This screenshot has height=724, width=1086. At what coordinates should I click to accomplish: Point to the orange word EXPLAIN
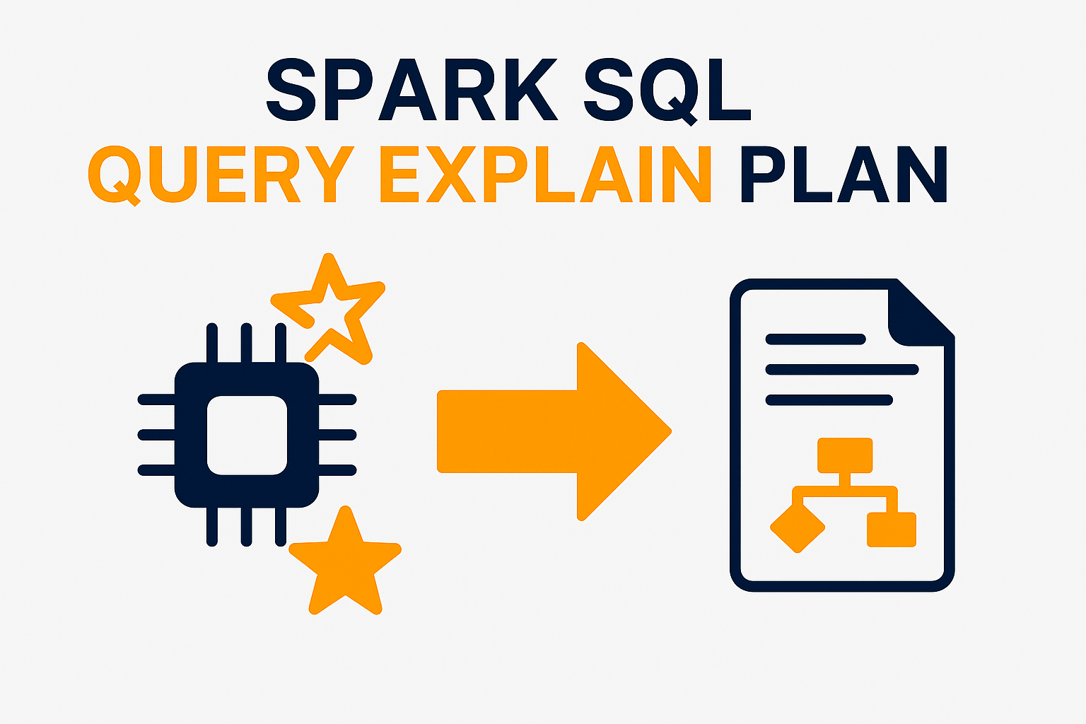[x=545, y=174]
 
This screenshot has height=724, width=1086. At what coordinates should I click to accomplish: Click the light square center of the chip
[x=247, y=435]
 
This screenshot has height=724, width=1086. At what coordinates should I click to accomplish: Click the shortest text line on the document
[x=815, y=339]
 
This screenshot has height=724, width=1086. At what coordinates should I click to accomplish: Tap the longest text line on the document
[x=841, y=370]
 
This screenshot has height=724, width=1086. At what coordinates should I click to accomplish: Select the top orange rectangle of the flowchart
[x=845, y=455]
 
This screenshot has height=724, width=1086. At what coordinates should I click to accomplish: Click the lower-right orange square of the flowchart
[x=892, y=530]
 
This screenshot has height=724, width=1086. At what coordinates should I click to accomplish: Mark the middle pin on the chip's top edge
[x=247, y=343]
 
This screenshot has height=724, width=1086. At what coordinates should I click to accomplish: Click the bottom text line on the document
[x=829, y=401]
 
